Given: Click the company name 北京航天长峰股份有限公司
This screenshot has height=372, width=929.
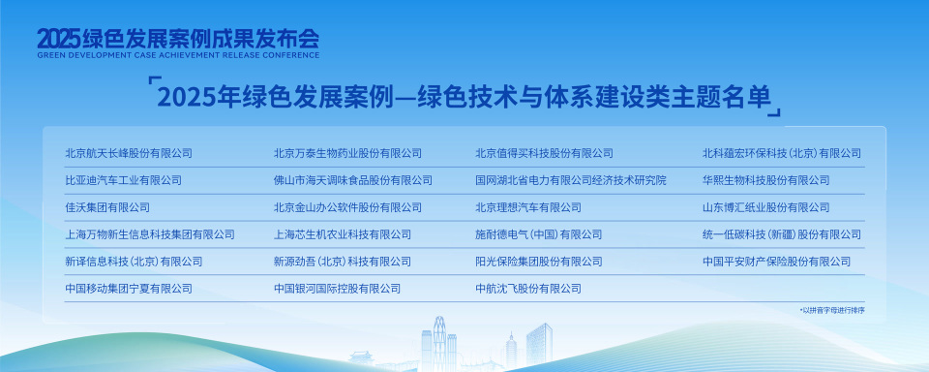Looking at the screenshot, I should [129, 153].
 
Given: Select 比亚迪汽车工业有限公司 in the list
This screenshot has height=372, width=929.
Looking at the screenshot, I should [123, 180].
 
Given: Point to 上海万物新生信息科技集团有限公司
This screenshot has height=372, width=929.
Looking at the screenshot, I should [150, 234].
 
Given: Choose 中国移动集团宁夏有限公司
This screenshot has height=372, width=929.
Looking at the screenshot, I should [129, 289].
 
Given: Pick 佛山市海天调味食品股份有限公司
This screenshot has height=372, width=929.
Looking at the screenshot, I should [352, 180].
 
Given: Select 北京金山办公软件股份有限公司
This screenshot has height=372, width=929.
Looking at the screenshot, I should [347, 207].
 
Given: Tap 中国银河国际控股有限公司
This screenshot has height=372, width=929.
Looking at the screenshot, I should [337, 289].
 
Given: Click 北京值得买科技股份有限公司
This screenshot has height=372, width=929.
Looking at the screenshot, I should [544, 153].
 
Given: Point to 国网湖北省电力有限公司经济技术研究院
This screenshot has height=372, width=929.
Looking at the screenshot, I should [570, 180].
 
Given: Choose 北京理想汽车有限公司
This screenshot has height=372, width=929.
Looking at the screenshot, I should [528, 207].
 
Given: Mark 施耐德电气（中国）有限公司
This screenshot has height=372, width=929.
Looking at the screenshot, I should [539, 234].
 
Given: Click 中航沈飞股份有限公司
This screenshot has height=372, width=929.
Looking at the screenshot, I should [528, 289].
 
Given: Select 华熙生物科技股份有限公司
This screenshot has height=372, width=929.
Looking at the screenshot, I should [765, 180].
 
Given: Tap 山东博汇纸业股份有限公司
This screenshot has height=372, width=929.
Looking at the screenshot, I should [765, 207].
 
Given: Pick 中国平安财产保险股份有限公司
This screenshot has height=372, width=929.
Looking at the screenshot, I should [776, 262].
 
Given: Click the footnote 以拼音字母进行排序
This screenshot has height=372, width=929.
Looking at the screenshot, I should [831, 310].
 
